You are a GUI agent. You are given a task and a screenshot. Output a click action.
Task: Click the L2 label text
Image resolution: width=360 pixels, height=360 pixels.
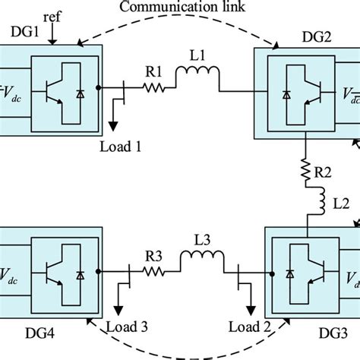click(x=334, y=205)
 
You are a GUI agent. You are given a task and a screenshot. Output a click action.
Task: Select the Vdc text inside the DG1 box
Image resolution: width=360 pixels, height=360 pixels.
click(x=11, y=89)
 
